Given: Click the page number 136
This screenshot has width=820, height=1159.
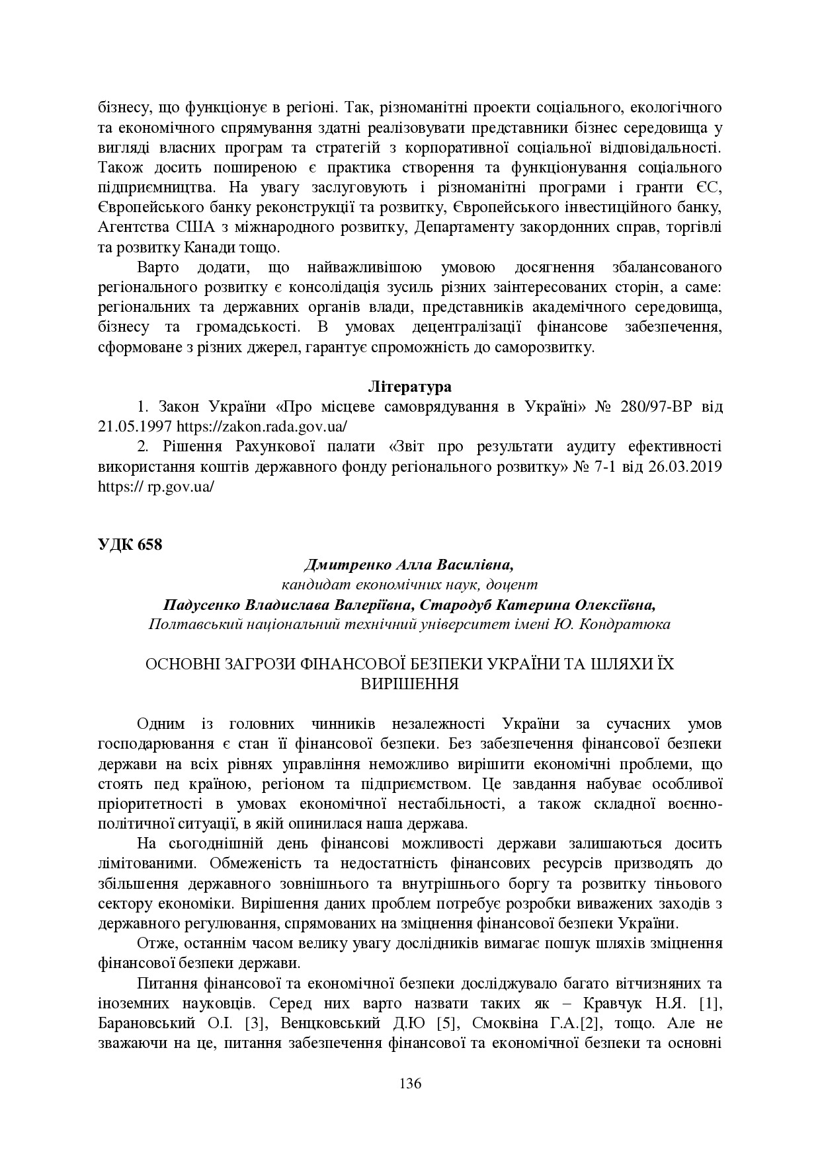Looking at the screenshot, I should tap(410, 1083).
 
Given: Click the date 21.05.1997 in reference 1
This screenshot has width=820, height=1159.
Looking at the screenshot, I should tap(136, 426).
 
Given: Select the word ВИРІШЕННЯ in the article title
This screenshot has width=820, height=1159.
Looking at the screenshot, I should tap(409, 683).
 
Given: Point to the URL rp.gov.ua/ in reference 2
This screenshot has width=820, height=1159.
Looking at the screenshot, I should tap(181, 486).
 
